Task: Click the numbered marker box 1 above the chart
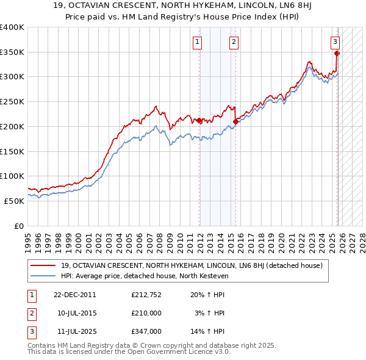click(198, 42)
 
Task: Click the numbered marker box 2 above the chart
click(234, 42)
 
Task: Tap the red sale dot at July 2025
click(337, 53)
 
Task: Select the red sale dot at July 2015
click(235, 121)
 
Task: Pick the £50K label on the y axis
click(15, 200)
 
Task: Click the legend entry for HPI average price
click(144, 276)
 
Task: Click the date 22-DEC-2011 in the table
click(74, 294)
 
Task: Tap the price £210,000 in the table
click(146, 313)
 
